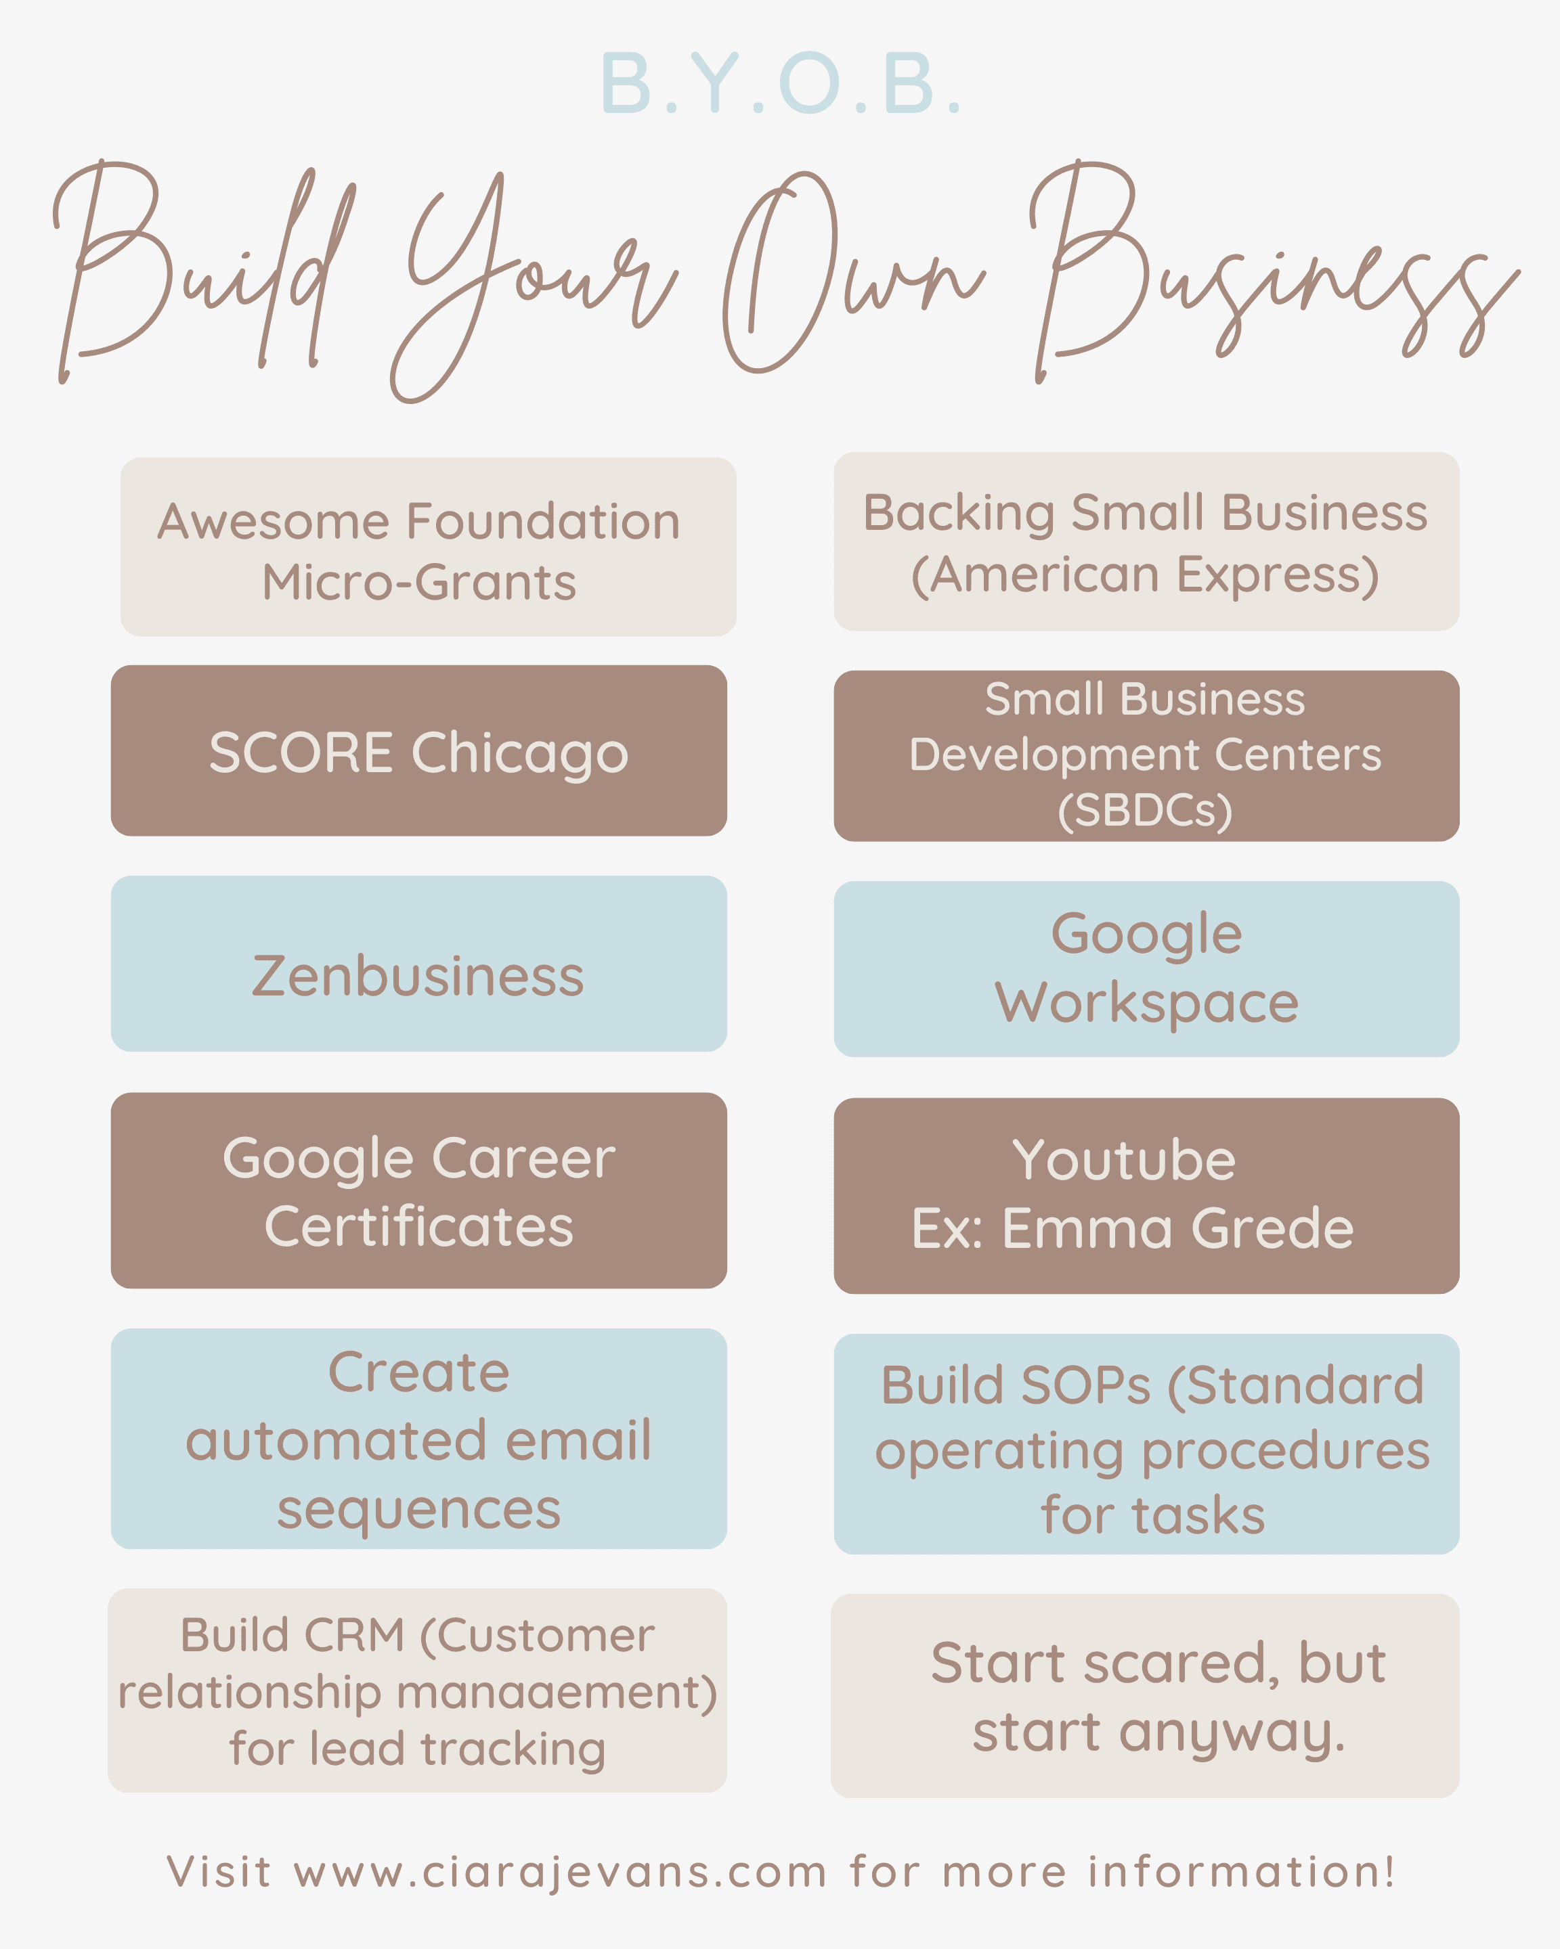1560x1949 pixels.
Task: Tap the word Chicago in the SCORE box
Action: pyautogui.click(x=520, y=753)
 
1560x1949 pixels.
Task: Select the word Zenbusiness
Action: pyautogui.click(x=418, y=977)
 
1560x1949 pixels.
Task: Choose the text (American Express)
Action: pyautogui.click(x=1145, y=575)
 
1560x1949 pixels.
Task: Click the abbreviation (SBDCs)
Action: pyautogui.click(x=1145, y=811)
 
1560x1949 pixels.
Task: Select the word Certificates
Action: pyautogui.click(x=418, y=1227)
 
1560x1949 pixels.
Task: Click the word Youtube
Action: pyautogui.click(x=1124, y=1160)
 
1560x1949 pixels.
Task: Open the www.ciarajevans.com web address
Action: pyautogui.click(x=561, y=1872)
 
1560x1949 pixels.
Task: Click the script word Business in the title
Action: pyautogui.click(x=1266, y=280)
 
